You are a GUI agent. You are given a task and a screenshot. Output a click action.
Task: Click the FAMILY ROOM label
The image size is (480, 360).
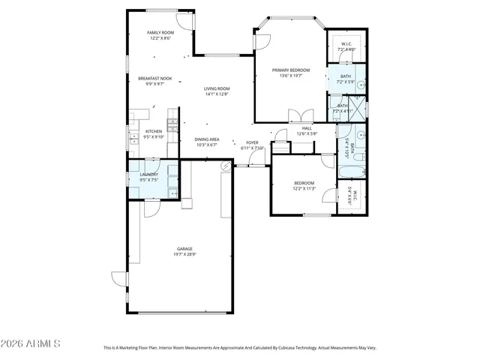[160, 33]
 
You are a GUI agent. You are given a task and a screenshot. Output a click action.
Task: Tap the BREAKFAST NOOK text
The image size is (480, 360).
[154, 78]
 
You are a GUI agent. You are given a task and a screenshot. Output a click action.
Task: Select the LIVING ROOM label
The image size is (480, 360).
[217, 89]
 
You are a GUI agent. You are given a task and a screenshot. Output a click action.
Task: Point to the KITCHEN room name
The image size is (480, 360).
[153, 131]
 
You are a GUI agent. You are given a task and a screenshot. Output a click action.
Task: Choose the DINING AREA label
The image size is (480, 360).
[206, 139]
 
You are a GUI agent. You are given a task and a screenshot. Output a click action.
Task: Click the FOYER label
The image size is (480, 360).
[253, 142]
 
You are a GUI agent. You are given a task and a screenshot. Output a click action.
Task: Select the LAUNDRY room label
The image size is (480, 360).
[148, 175]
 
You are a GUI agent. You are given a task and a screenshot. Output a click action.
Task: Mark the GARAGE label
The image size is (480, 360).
[184, 248]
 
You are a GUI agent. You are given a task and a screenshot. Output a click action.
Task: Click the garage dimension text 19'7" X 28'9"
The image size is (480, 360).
[184, 254]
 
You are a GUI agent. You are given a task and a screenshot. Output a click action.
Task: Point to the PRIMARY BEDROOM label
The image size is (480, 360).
[291, 70]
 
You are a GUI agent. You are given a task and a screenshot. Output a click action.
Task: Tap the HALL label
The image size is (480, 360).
[307, 128]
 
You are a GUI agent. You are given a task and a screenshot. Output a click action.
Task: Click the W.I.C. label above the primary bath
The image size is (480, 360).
[346, 43]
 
